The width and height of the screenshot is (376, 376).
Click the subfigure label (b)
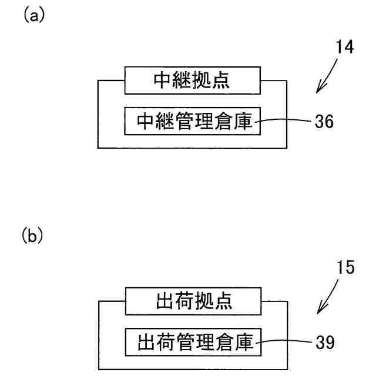point(33,236)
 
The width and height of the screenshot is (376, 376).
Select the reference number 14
point(345,47)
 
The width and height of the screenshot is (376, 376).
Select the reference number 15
point(345,267)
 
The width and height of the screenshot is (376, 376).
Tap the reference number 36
point(324,121)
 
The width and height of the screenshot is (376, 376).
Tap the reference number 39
point(325,342)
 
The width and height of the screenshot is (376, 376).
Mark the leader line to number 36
point(283,120)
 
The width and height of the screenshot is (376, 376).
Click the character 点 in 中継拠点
point(221,80)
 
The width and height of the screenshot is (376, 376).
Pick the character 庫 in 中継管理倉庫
point(243,121)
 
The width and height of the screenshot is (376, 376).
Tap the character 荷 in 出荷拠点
point(185,301)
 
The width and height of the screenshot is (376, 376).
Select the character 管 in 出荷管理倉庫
point(186,342)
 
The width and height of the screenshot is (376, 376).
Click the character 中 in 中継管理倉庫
point(146,121)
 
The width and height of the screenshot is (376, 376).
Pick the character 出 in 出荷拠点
point(165,301)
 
